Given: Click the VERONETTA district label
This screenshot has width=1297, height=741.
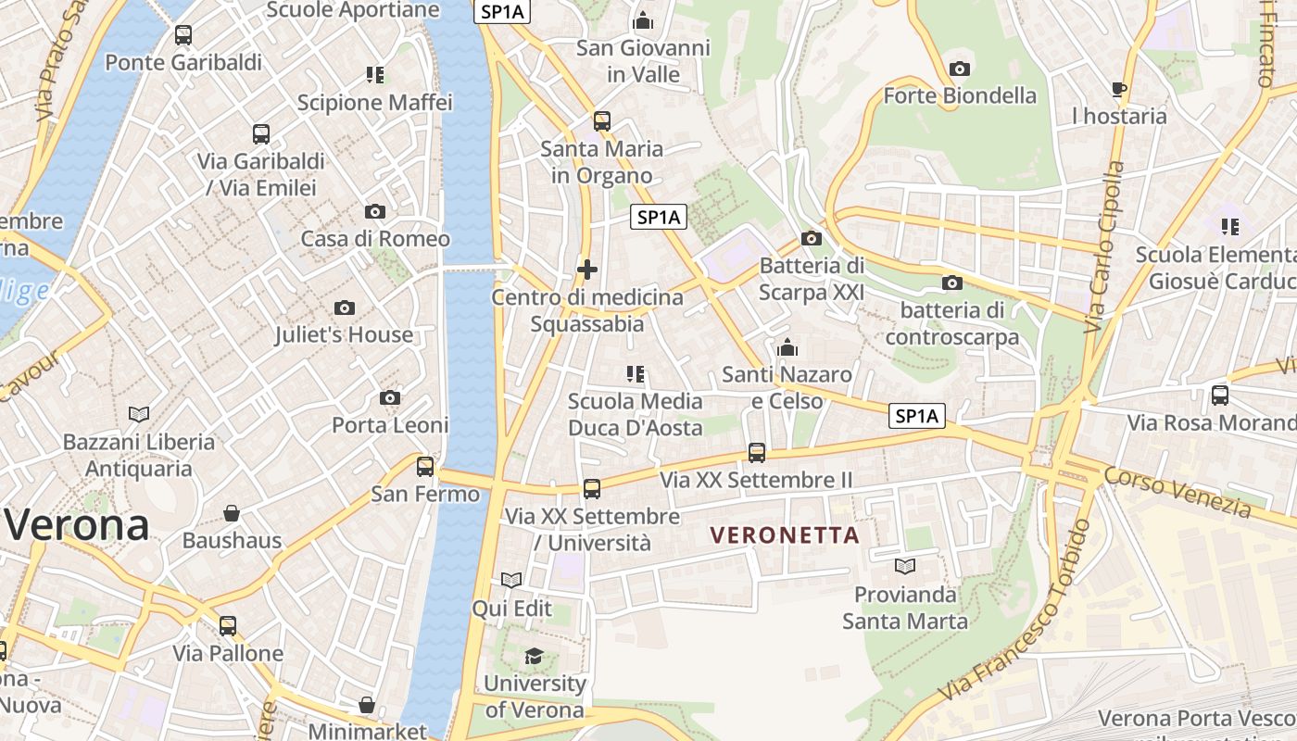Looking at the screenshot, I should [785, 535].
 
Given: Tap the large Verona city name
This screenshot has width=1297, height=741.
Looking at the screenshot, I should [76, 526].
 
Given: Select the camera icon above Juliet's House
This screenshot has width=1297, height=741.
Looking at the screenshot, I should [345, 308].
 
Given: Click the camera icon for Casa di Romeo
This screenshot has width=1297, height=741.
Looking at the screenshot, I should [375, 211].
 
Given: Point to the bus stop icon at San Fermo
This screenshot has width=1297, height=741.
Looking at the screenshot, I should [425, 466].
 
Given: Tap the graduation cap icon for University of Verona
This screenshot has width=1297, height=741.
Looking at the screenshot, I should [534, 657].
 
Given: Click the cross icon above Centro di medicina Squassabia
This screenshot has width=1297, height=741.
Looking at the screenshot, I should [587, 270].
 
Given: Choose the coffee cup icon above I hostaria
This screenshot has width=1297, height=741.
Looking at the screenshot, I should [1119, 89].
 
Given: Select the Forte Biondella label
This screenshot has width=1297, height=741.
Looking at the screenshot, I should [960, 95].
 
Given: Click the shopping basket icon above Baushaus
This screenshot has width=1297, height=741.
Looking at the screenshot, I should [232, 512].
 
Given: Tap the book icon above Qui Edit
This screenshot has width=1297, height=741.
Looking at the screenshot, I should [511, 580].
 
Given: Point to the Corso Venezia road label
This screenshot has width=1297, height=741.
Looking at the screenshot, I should [1177, 492].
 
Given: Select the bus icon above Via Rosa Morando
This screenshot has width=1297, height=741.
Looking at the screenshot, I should [1220, 396].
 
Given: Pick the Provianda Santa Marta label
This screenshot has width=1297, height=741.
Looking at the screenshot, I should [905, 608].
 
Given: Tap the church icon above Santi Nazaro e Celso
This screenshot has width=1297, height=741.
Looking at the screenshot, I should [787, 347].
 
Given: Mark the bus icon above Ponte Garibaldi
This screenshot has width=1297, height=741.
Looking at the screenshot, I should [183, 35].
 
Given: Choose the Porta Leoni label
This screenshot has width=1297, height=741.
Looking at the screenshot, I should [390, 425].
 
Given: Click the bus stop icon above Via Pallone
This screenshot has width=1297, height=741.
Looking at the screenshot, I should [228, 626].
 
